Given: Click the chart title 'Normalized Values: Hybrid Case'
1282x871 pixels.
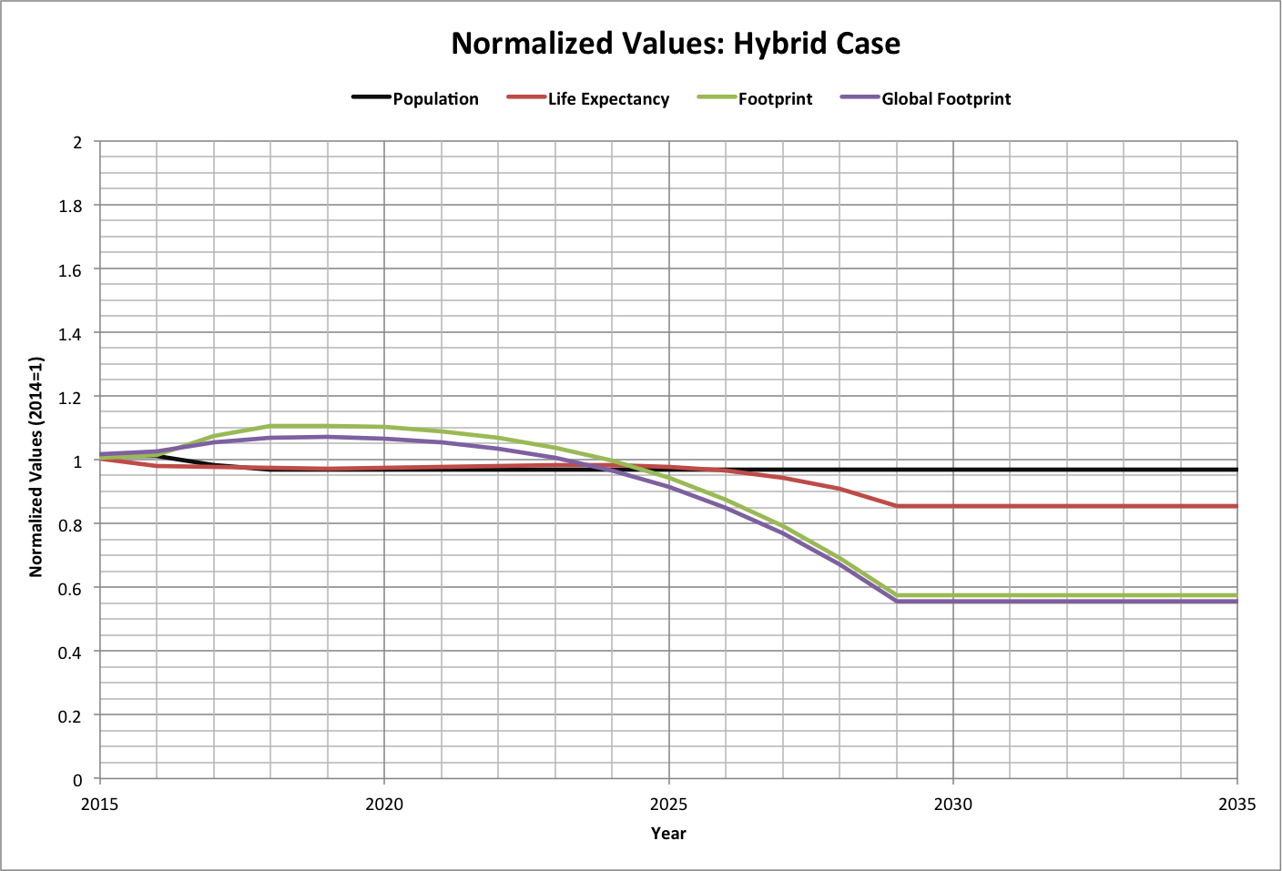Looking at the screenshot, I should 676,44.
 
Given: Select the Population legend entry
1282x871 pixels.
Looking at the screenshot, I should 435,99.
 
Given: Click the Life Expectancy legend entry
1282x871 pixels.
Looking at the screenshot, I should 608,99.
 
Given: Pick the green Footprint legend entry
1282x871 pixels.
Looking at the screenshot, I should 775,99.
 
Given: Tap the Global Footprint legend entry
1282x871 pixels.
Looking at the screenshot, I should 946,99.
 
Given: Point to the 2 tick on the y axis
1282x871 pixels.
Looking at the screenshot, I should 77,142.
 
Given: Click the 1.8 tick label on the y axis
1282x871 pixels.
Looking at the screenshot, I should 71,206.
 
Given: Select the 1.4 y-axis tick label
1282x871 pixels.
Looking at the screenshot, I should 71,333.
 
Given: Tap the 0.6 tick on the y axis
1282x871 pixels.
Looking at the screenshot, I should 71,588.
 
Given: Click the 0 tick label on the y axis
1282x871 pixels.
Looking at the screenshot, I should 77,780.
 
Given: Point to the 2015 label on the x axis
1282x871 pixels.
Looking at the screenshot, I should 99,804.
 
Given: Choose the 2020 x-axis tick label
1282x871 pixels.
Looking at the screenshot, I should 384,804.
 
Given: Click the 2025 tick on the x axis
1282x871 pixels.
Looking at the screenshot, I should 669,804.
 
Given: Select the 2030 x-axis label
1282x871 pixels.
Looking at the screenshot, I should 953,804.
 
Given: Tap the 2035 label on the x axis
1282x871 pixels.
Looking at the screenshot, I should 1236,804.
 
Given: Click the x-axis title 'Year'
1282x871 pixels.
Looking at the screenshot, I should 668,833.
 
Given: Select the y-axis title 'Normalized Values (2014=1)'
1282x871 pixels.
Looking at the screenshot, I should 36,466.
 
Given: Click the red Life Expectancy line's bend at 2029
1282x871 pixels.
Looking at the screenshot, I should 897,506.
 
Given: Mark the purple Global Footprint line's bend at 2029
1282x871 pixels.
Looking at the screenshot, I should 897,602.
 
